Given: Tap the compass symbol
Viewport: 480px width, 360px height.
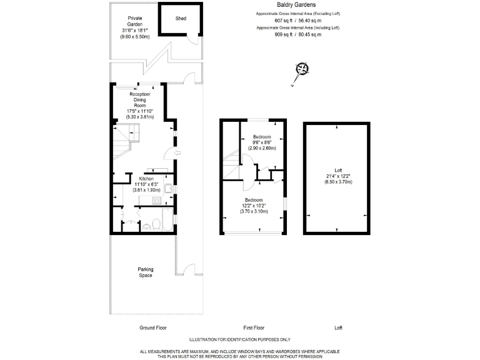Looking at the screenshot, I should [303, 69].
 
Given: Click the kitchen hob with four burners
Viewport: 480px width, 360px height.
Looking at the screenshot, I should [155, 201].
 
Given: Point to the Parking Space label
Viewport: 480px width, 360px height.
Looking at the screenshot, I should [146, 272].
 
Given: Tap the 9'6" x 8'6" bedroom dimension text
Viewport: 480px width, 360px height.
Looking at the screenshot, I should [262, 142].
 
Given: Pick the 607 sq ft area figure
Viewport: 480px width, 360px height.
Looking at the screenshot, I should [283, 21].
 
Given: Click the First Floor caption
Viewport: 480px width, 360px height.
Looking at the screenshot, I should [254, 327].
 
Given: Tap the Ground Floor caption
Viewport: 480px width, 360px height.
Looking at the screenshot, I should [152, 327].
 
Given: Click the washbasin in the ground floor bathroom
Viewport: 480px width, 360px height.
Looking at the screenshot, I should [130, 224].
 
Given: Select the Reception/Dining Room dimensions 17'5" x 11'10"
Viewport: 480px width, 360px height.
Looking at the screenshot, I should [139, 111].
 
